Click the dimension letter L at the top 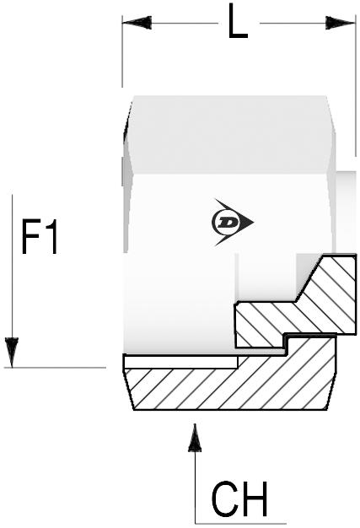[238, 21]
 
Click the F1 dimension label [40, 236]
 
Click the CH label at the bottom [239, 499]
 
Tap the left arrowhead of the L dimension [137, 23]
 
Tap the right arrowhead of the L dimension [340, 23]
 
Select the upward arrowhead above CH [195, 438]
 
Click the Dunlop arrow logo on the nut [233, 222]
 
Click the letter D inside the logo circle [228, 222]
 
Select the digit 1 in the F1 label [51, 236]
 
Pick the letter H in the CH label [255, 499]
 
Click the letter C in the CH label [225, 499]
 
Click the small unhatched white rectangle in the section [181, 363]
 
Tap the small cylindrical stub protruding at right [346, 213]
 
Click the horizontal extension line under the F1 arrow [55, 368]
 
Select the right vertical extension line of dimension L [355, 85]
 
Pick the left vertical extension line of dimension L [122, 51]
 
